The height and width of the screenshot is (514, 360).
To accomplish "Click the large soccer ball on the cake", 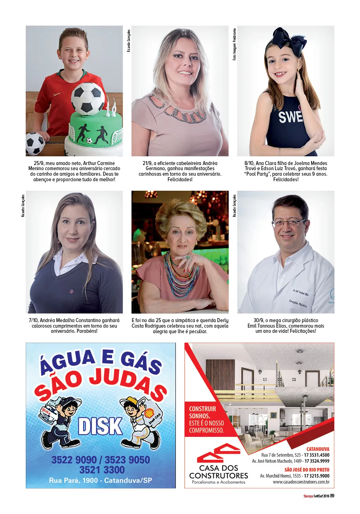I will coord(88,98).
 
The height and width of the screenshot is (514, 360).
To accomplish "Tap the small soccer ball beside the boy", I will coord(35,143).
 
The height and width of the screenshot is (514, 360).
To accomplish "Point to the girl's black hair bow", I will coord(290,41).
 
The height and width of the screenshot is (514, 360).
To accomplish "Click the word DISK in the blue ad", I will coord(100,426).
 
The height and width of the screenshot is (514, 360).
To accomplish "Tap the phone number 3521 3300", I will coord(101,470).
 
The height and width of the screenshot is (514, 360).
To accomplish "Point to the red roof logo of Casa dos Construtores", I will coord(218,453).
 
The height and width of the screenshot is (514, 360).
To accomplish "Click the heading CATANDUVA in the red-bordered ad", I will coord(318,449).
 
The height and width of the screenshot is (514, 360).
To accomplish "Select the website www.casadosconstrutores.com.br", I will coord(301,482).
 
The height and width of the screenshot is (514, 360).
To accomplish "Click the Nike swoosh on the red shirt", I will coord(58,94).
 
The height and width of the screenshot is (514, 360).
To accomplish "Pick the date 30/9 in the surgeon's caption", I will coord(259,320).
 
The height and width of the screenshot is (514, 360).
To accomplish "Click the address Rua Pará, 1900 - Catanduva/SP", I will coord(100,480).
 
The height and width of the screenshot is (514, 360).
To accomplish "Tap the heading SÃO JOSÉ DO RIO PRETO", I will coord(307,470).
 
